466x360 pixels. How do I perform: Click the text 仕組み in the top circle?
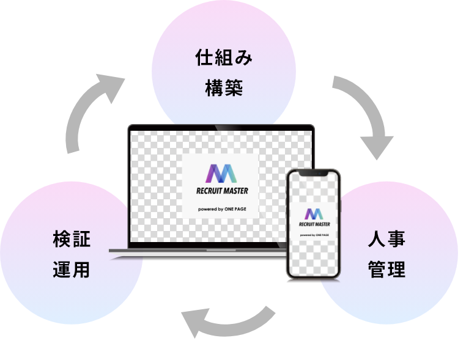click(x=224, y=59)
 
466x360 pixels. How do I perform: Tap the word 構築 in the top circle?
click(x=224, y=89)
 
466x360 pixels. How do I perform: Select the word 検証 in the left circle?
click(x=72, y=240)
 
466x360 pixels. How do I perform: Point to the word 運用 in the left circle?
click(x=72, y=269)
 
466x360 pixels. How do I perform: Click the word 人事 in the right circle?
click(x=386, y=239)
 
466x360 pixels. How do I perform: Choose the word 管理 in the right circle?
click(x=386, y=269)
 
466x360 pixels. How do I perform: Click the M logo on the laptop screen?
click(x=221, y=174)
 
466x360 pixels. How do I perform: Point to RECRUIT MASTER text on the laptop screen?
click(x=221, y=191)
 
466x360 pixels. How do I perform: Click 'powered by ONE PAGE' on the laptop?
click(x=221, y=209)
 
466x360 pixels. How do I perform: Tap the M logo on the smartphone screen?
click(x=313, y=213)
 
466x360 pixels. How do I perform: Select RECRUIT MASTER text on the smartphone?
click(x=313, y=224)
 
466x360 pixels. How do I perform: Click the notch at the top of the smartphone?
click(x=313, y=174)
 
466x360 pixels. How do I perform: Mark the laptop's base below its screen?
click(x=197, y=251)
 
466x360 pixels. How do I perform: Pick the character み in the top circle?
click(x=243, y=59)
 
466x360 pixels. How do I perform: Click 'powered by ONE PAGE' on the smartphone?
click(x=313, y=235)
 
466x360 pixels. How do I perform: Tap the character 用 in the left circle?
click(x=81, y=269)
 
